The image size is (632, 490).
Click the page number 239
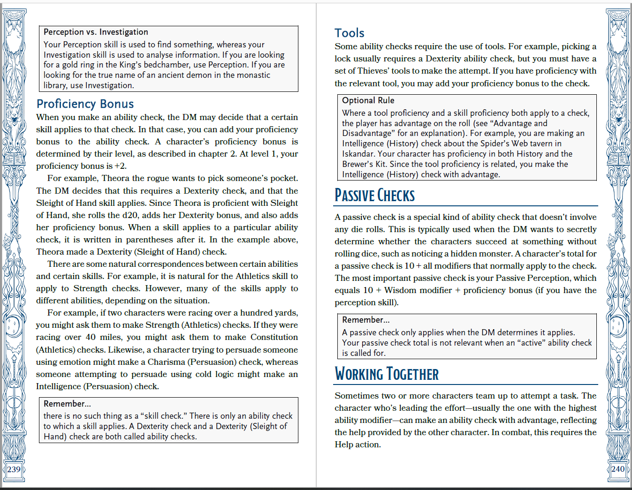tap(14, 469)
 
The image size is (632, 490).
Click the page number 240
tap(617, 469)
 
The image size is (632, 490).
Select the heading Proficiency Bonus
tap(85, 104)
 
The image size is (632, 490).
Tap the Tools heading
tap(349, 33)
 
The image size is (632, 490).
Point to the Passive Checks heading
tap(374, 196)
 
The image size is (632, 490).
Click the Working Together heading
tap(387, 374)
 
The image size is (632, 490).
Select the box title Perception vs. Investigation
tap(96, 32)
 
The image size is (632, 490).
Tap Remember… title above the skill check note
tap(67, 404)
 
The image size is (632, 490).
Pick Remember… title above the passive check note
tap(365, 320)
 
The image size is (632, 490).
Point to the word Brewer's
tap(357, 164)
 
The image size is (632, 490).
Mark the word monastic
tap(253, 75)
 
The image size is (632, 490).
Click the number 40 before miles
tap(91, 337)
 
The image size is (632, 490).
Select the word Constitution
tap(274, 337)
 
